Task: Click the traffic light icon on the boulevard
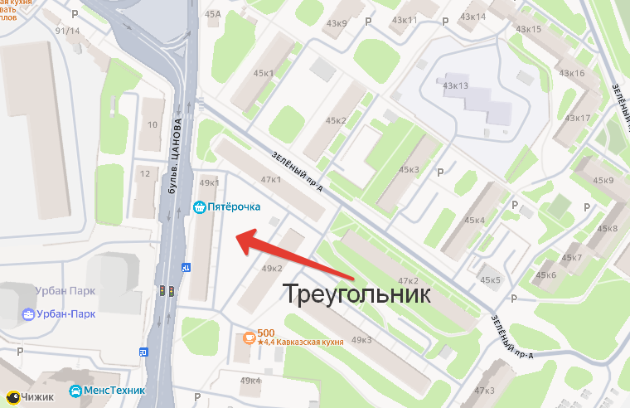coord(167,291)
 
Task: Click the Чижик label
coord(37,396)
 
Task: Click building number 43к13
coord(456,85)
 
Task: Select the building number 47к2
coord(407,281)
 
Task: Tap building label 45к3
coord(409,170)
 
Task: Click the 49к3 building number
coord(361,340)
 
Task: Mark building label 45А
coord(213,14)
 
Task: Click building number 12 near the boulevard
coord(146,173)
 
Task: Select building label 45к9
coord(603,181)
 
